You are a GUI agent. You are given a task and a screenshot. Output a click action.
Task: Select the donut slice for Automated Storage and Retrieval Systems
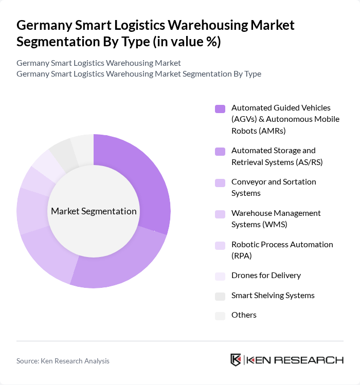tap(123, 265)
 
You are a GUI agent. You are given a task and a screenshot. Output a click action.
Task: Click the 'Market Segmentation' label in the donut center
tap(94, 211)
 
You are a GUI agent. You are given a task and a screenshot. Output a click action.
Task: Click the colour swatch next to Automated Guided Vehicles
tap(220, 108)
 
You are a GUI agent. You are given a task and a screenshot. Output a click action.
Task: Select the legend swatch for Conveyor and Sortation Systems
tap(220, 182)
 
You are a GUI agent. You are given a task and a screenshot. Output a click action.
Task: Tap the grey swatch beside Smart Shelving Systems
tap(220, 296)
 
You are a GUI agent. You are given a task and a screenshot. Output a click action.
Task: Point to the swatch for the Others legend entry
tap(220, 315)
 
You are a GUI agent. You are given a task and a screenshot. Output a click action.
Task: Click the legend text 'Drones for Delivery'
tap(266, 275)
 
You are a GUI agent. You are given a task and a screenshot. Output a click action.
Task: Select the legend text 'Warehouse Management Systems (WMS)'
tap(276, 218)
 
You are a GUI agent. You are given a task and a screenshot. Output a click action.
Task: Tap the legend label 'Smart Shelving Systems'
tap(273, 295)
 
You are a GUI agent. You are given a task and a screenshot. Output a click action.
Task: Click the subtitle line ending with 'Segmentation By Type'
tap(138, 74)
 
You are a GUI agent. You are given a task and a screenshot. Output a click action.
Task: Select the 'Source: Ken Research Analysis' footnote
tap(63, 361)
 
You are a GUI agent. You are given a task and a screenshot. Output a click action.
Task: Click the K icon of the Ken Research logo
tap(236, 360)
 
